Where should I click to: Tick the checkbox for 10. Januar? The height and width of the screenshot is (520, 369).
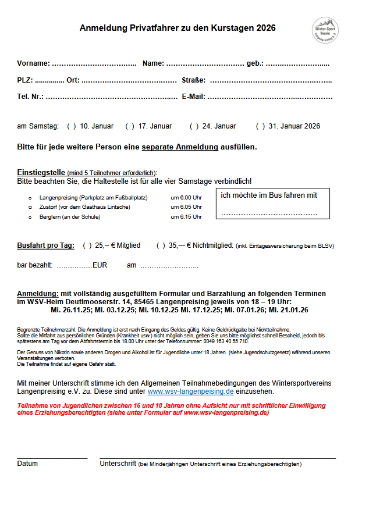72,126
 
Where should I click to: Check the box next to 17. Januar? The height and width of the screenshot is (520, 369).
130,126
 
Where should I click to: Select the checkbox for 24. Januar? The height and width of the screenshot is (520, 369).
194,126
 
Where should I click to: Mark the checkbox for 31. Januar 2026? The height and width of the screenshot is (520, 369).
260,126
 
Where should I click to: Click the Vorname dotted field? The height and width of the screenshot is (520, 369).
94,63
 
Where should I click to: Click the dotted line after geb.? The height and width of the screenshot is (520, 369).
297,63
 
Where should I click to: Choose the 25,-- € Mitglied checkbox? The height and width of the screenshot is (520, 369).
87,245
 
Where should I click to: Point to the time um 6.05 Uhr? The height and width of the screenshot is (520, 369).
186,207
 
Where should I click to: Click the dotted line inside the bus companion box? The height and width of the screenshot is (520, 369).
269,213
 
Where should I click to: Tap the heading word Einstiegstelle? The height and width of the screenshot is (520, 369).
41,173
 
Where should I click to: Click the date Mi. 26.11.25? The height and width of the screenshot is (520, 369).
70,310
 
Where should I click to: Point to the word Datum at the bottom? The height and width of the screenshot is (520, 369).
27,464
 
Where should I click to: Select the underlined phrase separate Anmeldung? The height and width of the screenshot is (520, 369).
180,147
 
